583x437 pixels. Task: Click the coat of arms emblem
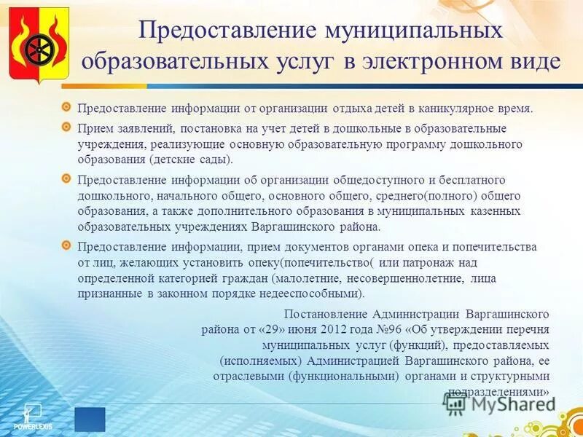[x=39, y=45]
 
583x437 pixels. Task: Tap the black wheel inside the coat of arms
[x=37, y=50]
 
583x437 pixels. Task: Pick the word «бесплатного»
[x=470, y=179]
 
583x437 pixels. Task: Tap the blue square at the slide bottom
[x=90, y=419]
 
